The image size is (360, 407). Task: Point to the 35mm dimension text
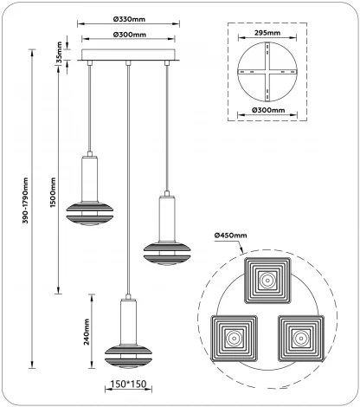click(58, 54)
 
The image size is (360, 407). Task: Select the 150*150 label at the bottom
click(127, 382)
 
